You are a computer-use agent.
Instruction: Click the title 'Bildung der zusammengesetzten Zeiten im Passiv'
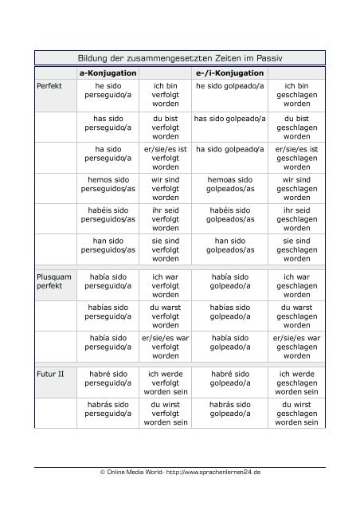pyautogui.click(x=180, y=59)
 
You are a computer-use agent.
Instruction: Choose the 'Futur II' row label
pyautogui.click(x=50, y=374)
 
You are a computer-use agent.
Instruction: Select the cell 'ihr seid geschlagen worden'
pyautogui.click(x=297, y=220)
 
